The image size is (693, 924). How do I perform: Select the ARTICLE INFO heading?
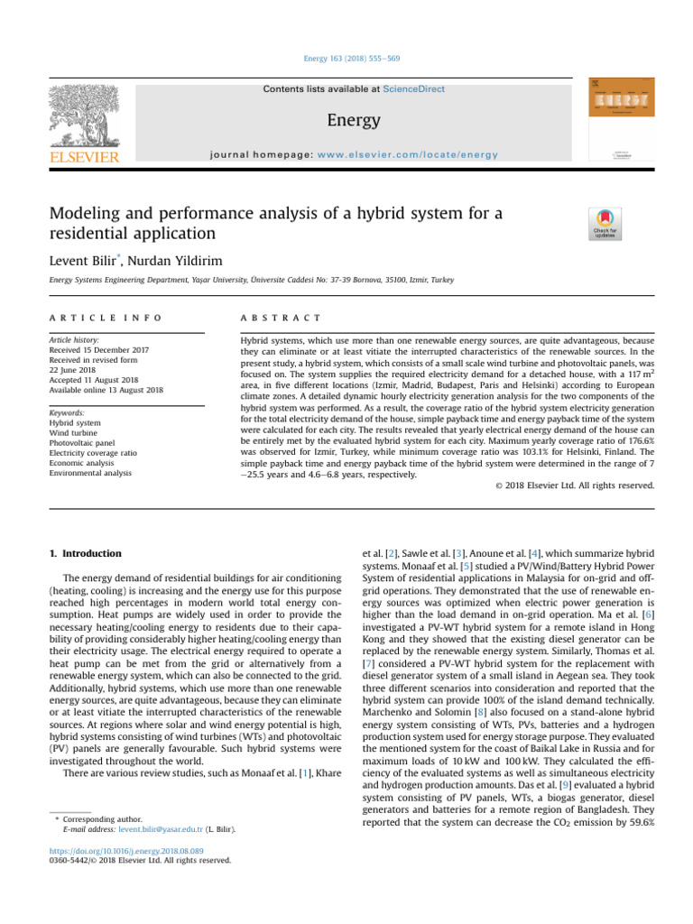click(x=106, y=318)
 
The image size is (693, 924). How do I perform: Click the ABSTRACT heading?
click(x=280, y=318)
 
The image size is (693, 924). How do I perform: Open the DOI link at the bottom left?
click(x=124, y=850)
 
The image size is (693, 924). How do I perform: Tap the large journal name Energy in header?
click(x=354, y=120)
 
